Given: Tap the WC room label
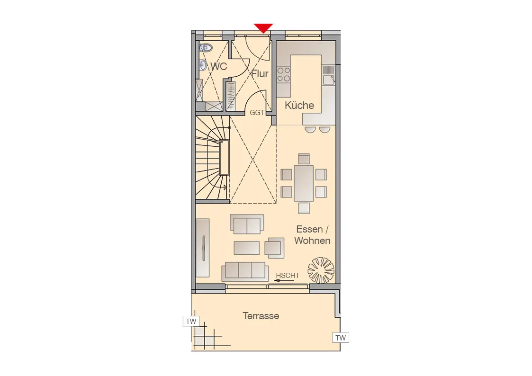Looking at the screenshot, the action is (x=219, y=66).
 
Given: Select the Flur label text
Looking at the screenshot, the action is (x=260, y=73).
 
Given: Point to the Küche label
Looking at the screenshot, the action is (x=299, y=105).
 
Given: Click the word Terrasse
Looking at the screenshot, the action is (x=261, y=316).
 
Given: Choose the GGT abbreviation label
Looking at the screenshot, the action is (x=257, y=113).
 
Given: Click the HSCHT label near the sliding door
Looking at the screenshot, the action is (x=288, y=276).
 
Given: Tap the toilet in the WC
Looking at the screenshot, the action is (x=206, y=47).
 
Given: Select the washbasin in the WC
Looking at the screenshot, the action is (x=203, y=64).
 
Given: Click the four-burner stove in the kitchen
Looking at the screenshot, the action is (x=284, y=75).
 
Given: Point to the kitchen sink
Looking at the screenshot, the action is (x=328, y=80).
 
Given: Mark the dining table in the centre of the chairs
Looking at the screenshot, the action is (x=304, y=183).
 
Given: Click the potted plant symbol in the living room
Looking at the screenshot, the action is (x=321, y=270).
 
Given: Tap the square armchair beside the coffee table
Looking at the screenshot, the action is (x=274, y=248).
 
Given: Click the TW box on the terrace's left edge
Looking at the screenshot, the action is (x=191, y=321).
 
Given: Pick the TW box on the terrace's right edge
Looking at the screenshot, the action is (x=341, y=338).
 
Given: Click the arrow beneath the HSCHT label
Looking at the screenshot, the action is (x=284, y=281).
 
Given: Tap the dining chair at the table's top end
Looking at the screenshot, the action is (x=304, y=159).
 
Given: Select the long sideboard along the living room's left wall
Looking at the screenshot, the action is (x=203, y=248).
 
